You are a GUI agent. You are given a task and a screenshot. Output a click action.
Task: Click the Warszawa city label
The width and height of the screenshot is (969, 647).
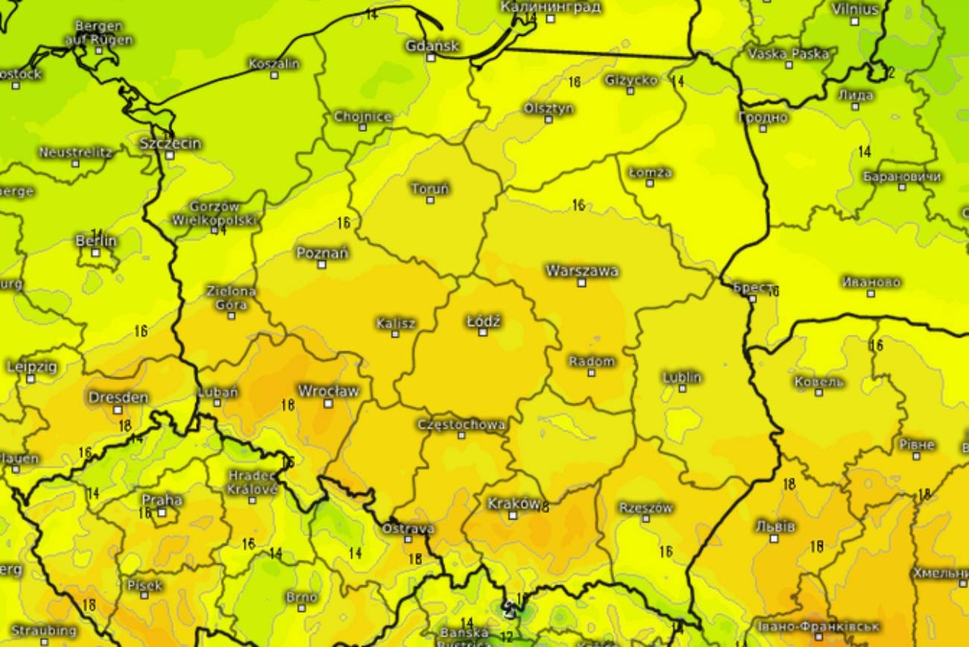tap(581, 271)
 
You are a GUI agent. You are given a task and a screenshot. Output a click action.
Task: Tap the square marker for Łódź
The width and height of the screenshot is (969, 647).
tap(483, 332)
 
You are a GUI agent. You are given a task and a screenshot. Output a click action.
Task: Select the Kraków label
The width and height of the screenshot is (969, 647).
tap(513, 504)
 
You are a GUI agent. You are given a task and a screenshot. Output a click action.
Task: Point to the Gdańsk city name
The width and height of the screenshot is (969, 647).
tap(432, 46)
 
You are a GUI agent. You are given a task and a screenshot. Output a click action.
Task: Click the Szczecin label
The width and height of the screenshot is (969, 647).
tap(171, 143)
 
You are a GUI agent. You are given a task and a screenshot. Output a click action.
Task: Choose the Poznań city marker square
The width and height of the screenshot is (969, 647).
tap(322, 265)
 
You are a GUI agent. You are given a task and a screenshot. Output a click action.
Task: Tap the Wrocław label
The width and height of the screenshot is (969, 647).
tap(328, 391)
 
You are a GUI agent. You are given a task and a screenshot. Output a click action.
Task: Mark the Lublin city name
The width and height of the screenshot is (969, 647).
tap(682, 377)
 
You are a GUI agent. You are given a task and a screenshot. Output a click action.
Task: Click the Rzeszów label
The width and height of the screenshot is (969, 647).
tap(646, 508)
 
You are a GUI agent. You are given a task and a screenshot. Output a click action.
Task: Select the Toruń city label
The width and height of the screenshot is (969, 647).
tap(430, 189)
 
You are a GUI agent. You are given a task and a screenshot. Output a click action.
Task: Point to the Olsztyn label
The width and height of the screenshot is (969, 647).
tap(549, 108)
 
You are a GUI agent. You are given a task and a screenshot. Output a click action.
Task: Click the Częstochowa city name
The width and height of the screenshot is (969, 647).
tap(461, 424)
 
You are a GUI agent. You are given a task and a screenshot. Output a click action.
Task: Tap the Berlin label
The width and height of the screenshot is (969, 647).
tap(96, 241)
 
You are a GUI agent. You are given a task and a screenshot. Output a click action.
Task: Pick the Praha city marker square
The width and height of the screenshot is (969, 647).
tap(162, 512)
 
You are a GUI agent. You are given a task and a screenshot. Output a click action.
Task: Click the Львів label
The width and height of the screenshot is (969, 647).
tap(774, 526)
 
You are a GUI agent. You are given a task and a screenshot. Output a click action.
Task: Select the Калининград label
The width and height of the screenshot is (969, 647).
tap(550, 7)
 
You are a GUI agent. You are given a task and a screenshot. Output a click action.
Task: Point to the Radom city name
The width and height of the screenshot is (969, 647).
tap(592, 362)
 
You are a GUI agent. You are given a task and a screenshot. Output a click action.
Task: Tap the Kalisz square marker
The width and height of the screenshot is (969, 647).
tap(396, 334)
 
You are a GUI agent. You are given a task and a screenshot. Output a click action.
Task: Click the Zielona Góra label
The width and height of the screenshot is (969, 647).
tap(231, 297)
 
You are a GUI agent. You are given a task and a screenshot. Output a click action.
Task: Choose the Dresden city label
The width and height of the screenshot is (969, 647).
tap(119, 397)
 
